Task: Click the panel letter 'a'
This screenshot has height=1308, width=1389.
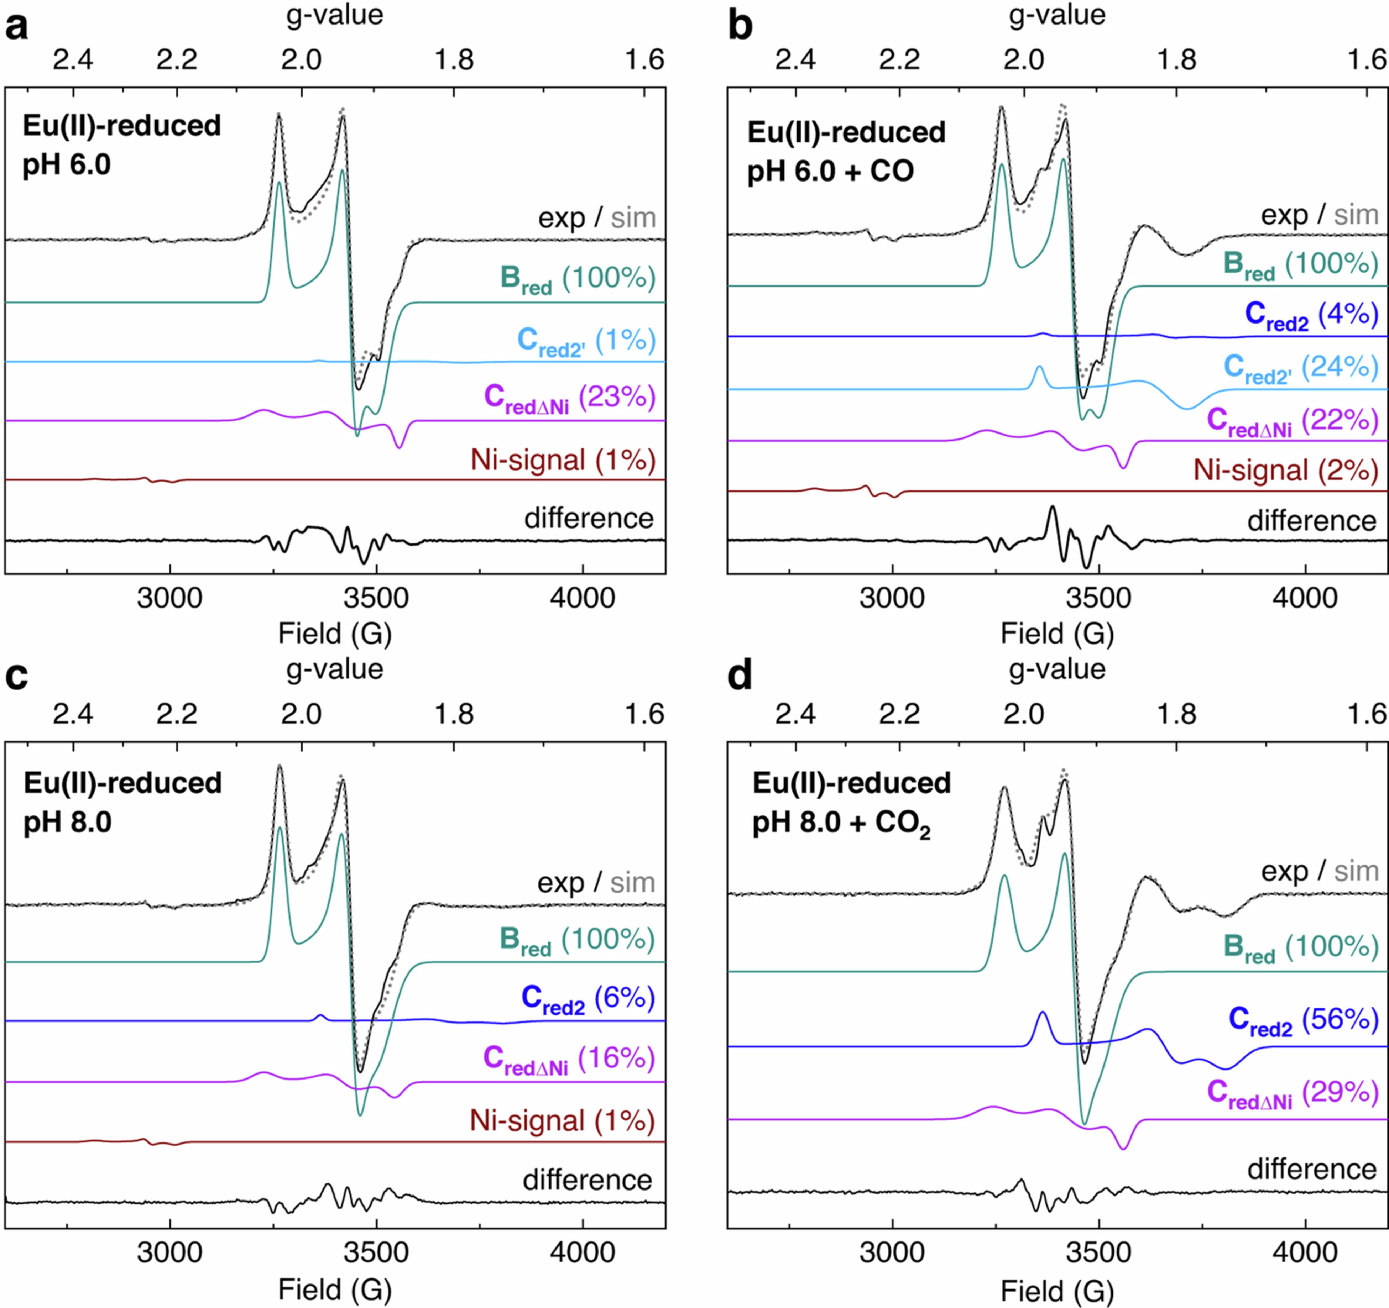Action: pos(17,28)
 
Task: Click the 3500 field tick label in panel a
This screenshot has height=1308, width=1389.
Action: pos(376,599)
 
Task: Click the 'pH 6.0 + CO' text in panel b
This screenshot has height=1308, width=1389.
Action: pos(830,171)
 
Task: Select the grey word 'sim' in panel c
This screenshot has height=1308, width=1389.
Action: pos(632,883)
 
